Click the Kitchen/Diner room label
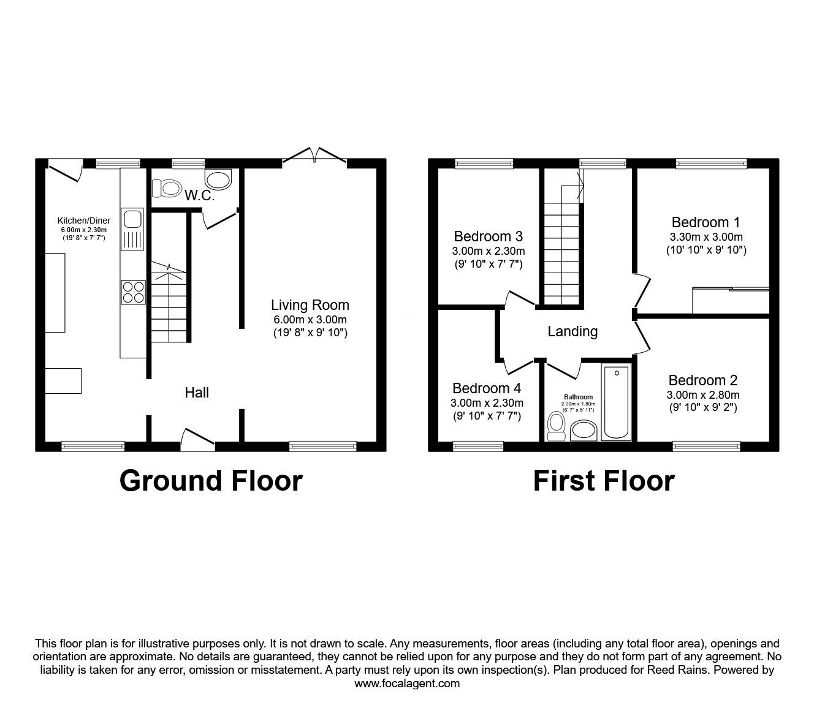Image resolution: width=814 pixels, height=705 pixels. (x=84, y=221)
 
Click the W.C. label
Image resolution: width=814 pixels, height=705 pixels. (x=199, y=196)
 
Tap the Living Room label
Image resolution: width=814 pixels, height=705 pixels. (x=310, y=305)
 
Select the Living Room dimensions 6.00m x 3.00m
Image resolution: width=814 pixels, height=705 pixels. (x=310, y=320)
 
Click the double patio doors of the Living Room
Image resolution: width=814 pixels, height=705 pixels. (x=314, y=155)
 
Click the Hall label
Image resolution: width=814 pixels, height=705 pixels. (x=197, y=393)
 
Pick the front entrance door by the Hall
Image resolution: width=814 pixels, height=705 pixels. (x=197, y=438)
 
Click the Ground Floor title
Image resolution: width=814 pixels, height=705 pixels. (x=211, y=481)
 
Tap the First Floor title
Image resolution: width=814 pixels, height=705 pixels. (x=603, y=481)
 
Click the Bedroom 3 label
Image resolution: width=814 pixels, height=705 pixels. (x=488, y=236)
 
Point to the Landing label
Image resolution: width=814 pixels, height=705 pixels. (x=572, y=331)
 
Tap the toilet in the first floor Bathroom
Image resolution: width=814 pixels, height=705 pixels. (x=557, y=426)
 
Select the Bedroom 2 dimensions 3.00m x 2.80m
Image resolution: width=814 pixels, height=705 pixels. (x=703, y=394)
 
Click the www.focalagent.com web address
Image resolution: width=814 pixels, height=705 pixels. (x=407, y=684)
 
